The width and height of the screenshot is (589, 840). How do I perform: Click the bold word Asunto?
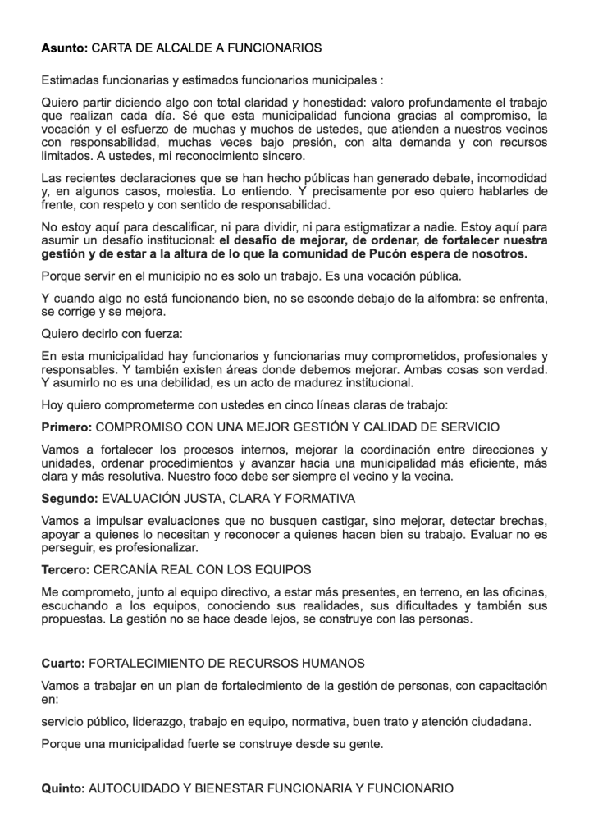[64, 48]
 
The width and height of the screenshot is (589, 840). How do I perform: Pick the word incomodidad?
[509, 178]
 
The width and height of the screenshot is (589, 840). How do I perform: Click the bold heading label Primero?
[66, 428]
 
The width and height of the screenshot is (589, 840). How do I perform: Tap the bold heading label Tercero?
[66, 568]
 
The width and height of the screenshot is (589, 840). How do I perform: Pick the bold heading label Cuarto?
[62, 662]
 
